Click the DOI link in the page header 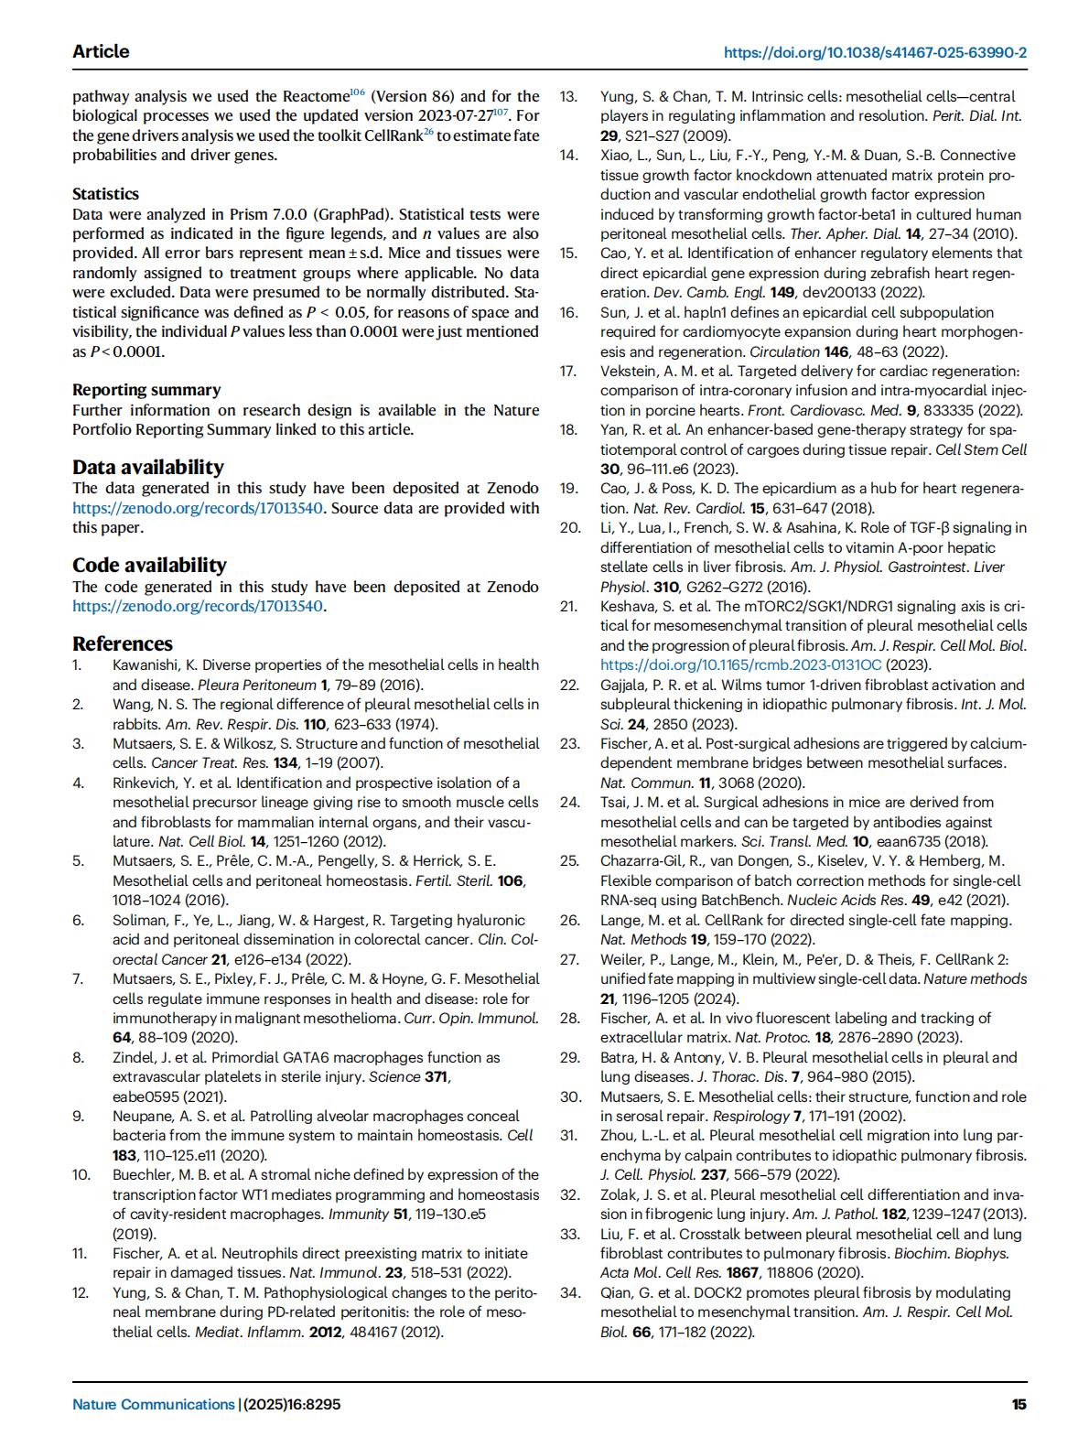click(x=875, y=52)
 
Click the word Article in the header click(x=101, y=51)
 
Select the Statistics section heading click(x=106, y=194)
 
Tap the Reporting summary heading click(x=146, y=390)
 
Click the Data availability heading click(x=148, y=467)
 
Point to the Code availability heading click(x=149, y=565)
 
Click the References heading click(x=123, y=643)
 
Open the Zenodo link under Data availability click(x=198, y=508)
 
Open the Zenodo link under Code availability click(x=198, y=606)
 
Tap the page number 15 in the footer click(x=1019, y=1404)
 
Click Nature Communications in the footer click(x=154, y=1404)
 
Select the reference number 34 click(x=570, y=1292)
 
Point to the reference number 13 click(x=569, y=96)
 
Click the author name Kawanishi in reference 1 click(x=148, y=665)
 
